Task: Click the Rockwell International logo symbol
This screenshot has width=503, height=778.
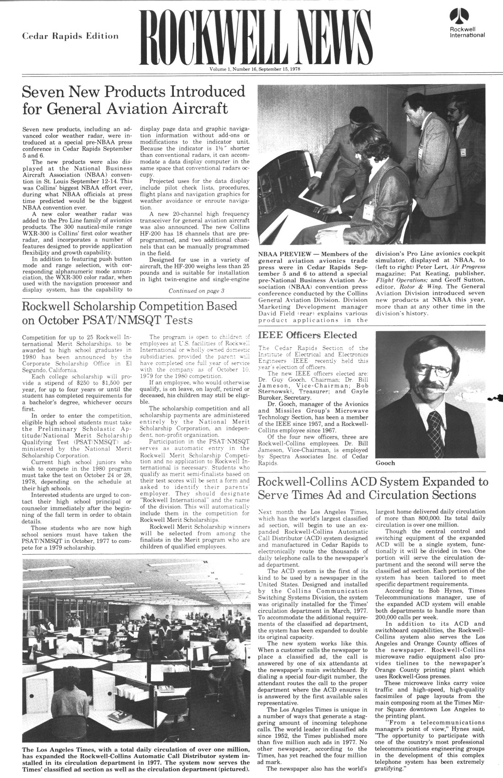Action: click(x=457, y=16)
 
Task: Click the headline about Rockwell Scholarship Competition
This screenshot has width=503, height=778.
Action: click(x=129, y=312)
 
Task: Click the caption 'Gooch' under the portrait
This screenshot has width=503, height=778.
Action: click(x=385, y=463)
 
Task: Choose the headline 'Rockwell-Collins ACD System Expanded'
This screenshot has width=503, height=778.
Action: click(x=373, y=488)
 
